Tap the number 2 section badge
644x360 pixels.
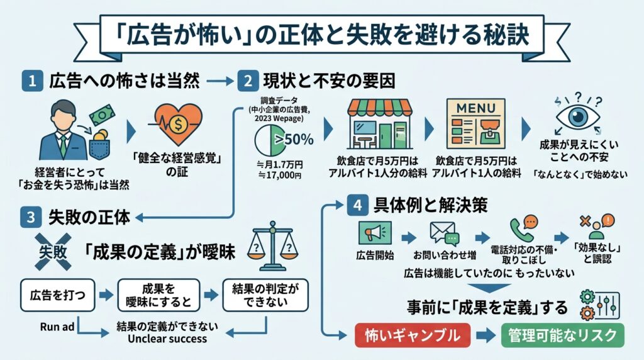[247, 81]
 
